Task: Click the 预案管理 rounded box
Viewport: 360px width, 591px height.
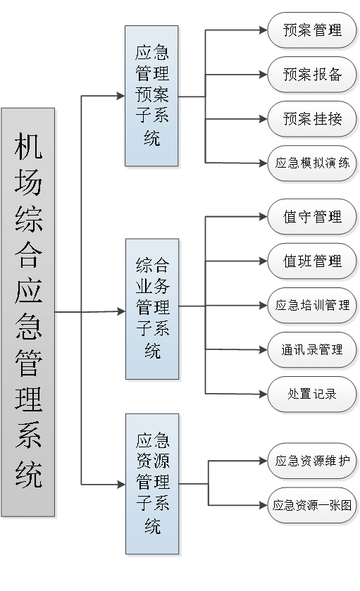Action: pos(312,30)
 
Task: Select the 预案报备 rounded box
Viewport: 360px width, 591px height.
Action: pos(312,75)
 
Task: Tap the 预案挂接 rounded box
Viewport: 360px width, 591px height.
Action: pos(312,119)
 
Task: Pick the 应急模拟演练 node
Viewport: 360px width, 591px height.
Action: pos(312,163)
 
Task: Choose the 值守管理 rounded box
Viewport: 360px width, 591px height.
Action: pos(312,217)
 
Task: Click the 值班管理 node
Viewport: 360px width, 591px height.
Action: pos(312,261)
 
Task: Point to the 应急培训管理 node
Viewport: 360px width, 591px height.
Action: pos(312,305)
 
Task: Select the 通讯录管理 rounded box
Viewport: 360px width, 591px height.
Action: pos(312,350)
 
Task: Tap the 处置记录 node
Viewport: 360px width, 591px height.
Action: pos(312,394)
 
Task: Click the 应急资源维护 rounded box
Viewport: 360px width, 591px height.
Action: pos(312,461)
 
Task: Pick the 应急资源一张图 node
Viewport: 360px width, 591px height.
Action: pos(312,506)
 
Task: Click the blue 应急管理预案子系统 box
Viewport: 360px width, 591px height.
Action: pos(151,96)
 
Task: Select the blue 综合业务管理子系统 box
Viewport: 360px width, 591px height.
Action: pos(152,309)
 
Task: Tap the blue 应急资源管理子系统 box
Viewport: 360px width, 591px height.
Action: pos(152,484)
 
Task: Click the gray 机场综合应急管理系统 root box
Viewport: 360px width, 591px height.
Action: pos(28,312)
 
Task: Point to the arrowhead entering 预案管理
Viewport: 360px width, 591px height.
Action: pos(263,30)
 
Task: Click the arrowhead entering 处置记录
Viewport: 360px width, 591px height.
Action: pos(263,394)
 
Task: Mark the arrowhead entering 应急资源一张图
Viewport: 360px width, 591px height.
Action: pos(263,506)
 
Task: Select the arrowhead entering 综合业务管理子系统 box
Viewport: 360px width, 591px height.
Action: pos(121,311)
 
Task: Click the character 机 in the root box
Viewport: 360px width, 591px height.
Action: pos(28,146)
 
